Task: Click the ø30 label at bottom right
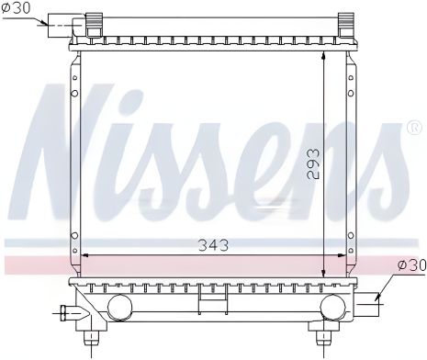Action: [x=411, y=265]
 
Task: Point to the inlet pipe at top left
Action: [x=62, y=25]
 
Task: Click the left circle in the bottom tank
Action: [x=119, y=306]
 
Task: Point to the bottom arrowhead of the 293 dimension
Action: [x=325, y=267]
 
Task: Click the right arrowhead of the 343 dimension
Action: [x=346, y=254]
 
